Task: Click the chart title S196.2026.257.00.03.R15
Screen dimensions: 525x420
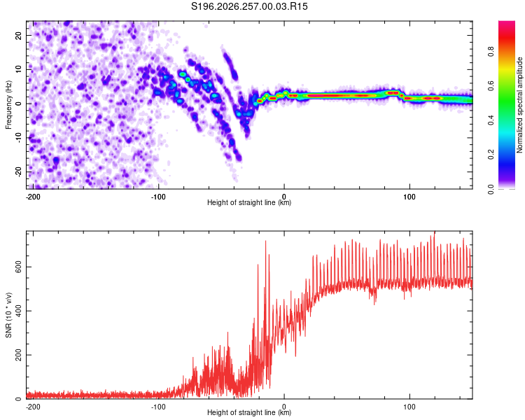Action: (x=249, y=6)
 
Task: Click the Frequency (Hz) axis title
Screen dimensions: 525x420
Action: (x=8, y=105)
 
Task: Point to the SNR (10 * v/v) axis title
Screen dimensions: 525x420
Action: (x=8, y=315)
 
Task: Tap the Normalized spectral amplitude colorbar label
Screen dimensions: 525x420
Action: (x=519, y=105)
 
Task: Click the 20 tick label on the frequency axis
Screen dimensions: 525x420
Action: (x=18, y=35)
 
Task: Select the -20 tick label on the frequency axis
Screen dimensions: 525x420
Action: (x=18, y=171)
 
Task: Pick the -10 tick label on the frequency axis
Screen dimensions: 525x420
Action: (x=18, y=138)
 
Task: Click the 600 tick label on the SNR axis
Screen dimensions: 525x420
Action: (x=18, y=267)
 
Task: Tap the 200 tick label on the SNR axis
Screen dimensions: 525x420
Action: (x=18, y=355)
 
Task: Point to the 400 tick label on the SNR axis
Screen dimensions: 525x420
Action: (x=18, y=311)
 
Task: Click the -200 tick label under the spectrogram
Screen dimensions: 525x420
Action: (x=33, y=197)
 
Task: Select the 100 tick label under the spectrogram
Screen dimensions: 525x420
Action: (x=409, y=197)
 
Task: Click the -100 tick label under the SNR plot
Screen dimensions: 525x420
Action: (x=158, y=407)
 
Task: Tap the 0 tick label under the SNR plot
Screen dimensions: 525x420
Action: (x=284, y=407)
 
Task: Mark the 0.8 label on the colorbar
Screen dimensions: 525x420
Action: (x=491, y=52)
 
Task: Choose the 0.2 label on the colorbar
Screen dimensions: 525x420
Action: (x=491, y=155)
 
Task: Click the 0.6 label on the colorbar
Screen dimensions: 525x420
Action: (x=491, y=86)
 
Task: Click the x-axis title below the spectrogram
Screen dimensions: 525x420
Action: (x=249, y=202)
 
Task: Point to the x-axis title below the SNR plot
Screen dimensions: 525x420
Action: (x=249, y=412)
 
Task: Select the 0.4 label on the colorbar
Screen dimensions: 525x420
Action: (x=491, y=120)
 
